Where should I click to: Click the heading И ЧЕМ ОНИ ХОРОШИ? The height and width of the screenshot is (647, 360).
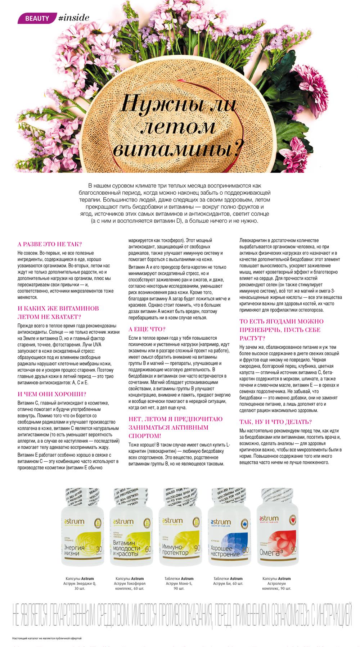click(52, 394)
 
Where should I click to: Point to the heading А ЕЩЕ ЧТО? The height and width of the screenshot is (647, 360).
click(147, 329)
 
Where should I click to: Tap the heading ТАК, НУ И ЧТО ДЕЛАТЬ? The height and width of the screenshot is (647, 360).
click(275, 422)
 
